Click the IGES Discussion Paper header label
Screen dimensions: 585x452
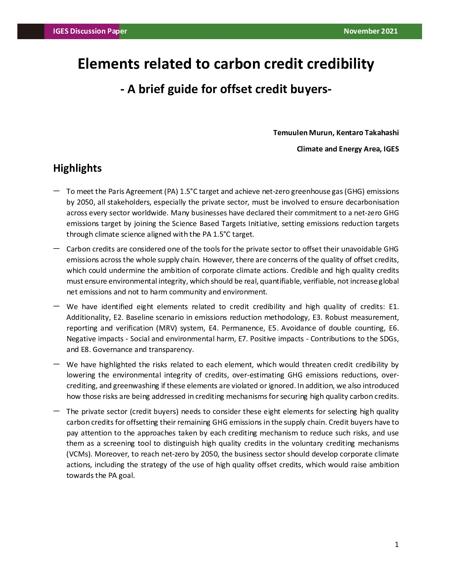click(90, 31)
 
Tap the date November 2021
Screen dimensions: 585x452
click(370, 31)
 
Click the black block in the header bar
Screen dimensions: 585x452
click(31, 31)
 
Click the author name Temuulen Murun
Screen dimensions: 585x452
click(302, 133)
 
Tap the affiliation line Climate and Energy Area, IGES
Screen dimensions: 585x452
click(347, 149)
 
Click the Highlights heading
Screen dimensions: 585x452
click(77, 168)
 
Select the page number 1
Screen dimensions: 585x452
click(397, 544)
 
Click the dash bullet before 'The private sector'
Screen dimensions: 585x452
click(56, 411)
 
